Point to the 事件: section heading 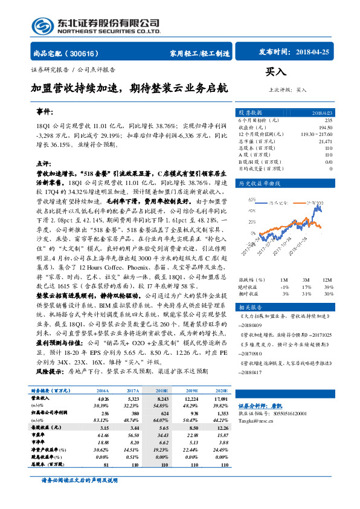[44, 112]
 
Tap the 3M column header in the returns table [306, 280]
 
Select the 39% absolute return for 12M [327, 287]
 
